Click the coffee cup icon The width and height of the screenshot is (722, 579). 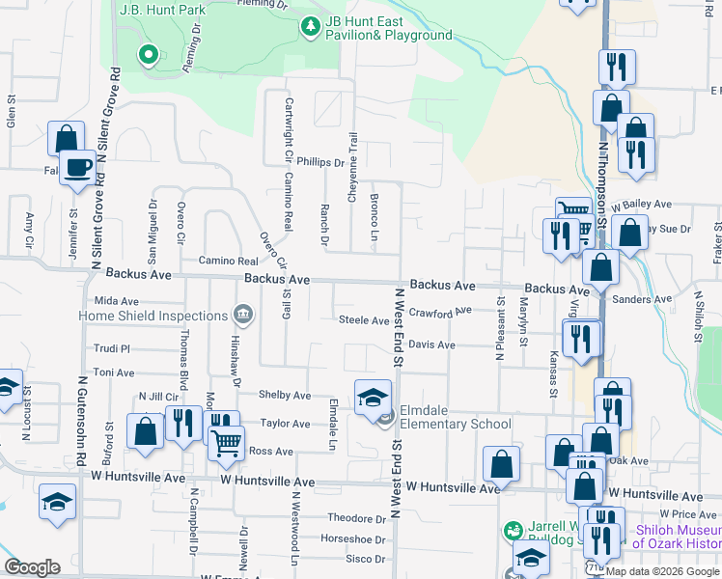click(x=77, y=167)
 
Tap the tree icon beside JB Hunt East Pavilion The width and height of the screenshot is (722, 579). click(x=310, y=27)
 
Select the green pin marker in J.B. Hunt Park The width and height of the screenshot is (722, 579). click(x=148, y=55)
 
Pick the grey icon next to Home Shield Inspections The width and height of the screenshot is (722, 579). click(x=242, y=315)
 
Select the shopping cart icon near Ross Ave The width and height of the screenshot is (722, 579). click(x=226, y=443)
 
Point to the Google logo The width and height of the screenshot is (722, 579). click(x=32, y=567)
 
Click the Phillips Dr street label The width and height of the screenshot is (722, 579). click(x=320, y=163)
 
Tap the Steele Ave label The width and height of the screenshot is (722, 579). click(x=363, y=320)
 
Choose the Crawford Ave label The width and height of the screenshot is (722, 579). click(x=439, y=312)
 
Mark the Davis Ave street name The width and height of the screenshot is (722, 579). click(x=430, y=345)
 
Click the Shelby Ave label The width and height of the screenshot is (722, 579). click(x=285, y=396)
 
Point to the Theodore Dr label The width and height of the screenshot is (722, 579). click(x=357, y=518)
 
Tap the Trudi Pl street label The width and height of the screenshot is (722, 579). click(x=112, y=348)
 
